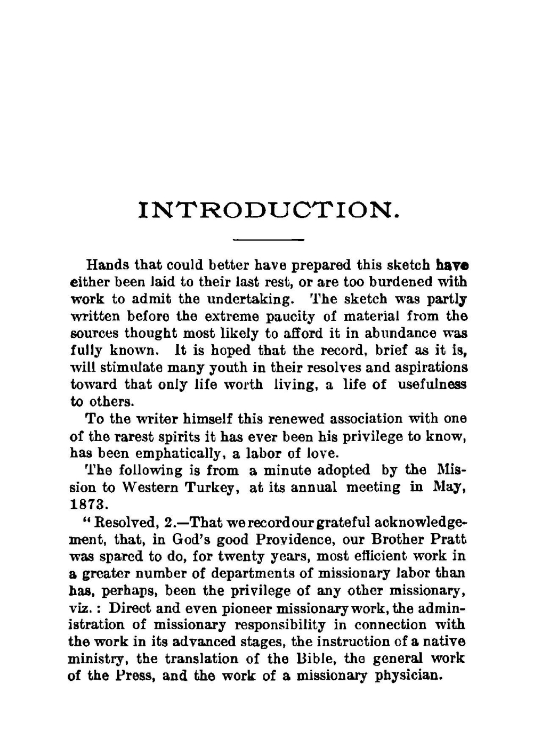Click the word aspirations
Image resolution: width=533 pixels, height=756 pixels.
tap(429, 368)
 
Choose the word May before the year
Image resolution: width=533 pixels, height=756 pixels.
tap(447, 487)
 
